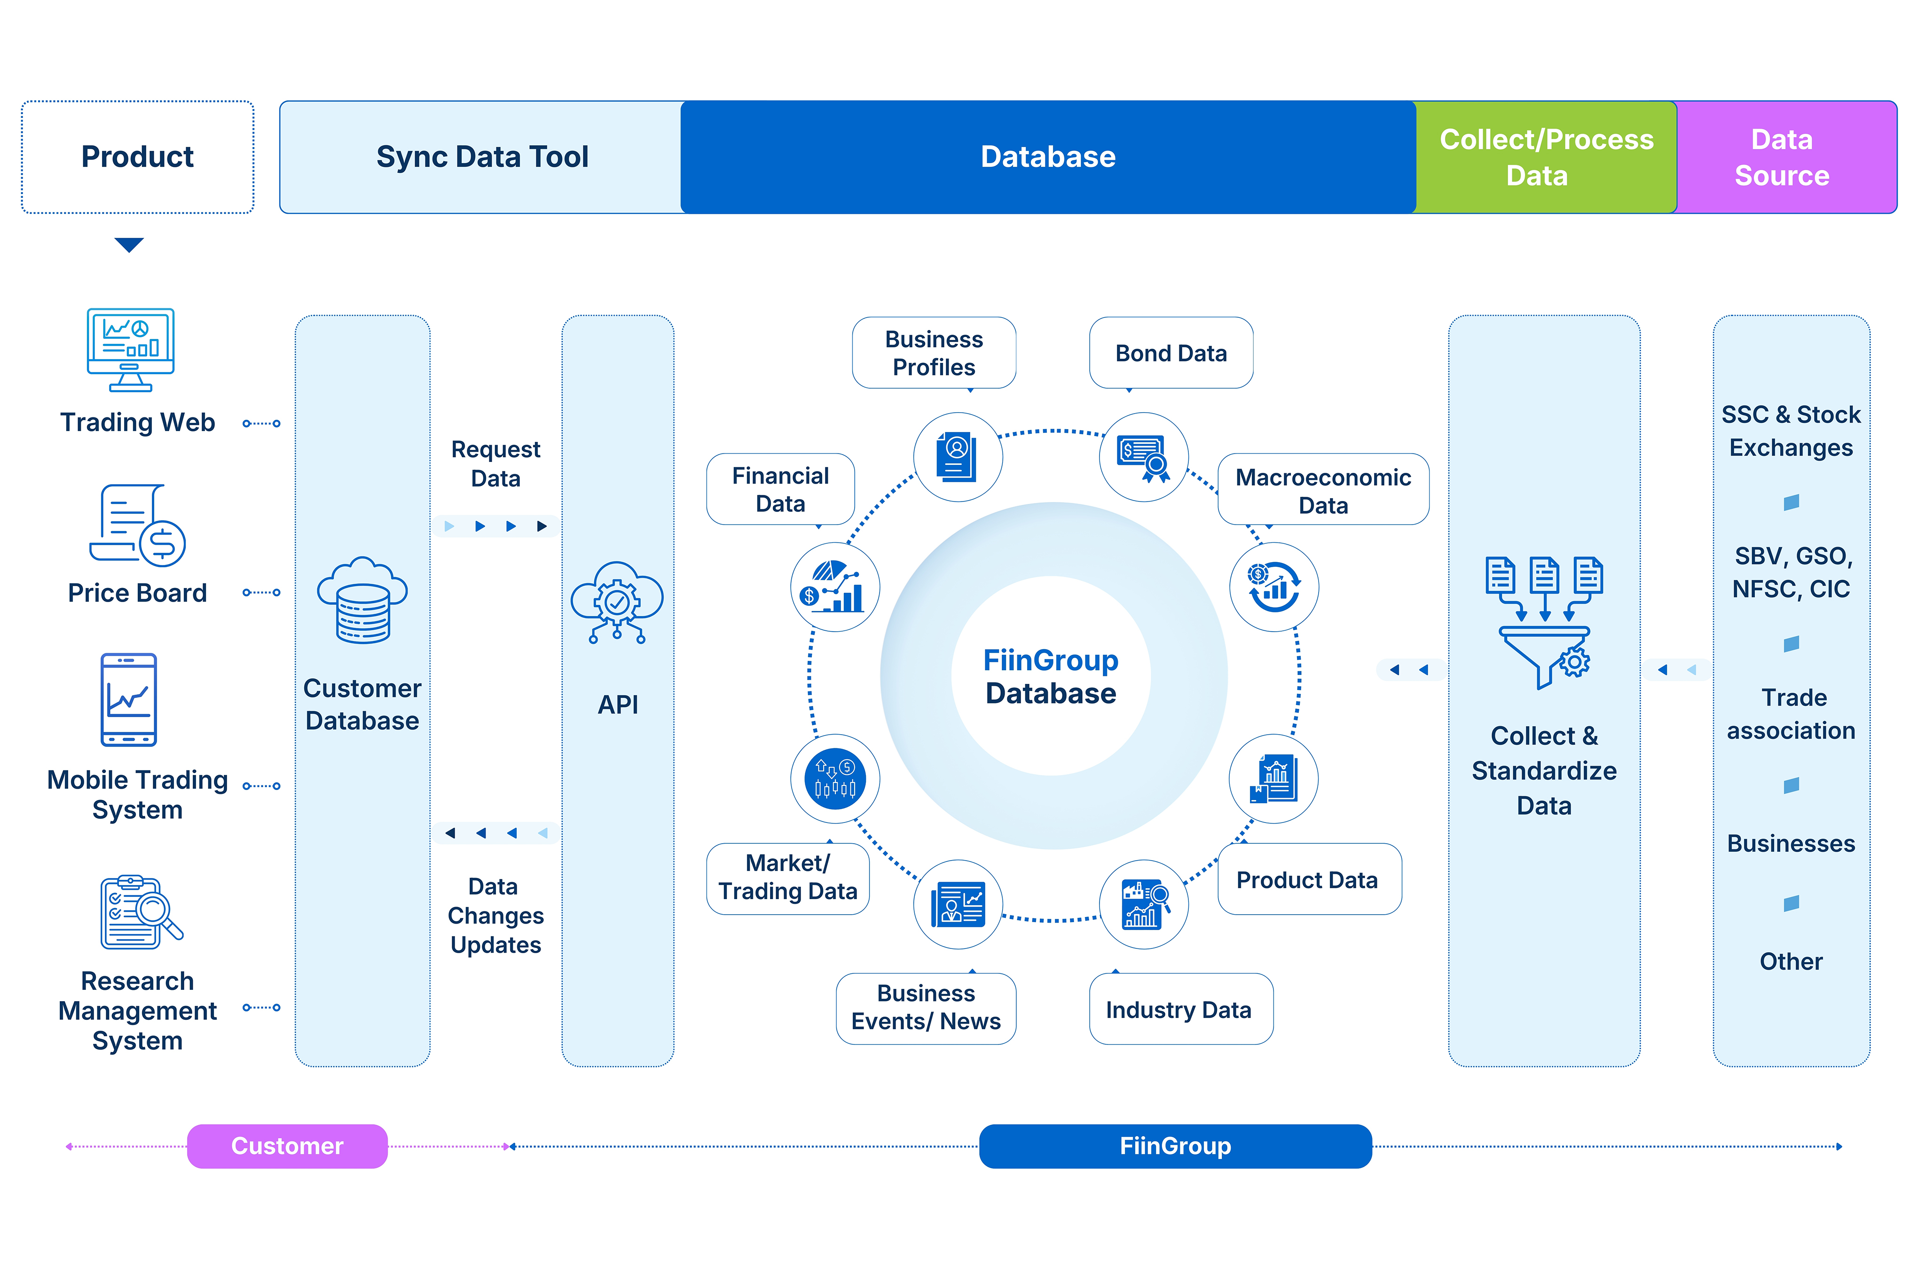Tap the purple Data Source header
[1784, 157]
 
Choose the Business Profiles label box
[933, 353]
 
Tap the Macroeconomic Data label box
[1322, 490]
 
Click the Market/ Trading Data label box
[787, 878]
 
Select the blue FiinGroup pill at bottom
[1174, 1145]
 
